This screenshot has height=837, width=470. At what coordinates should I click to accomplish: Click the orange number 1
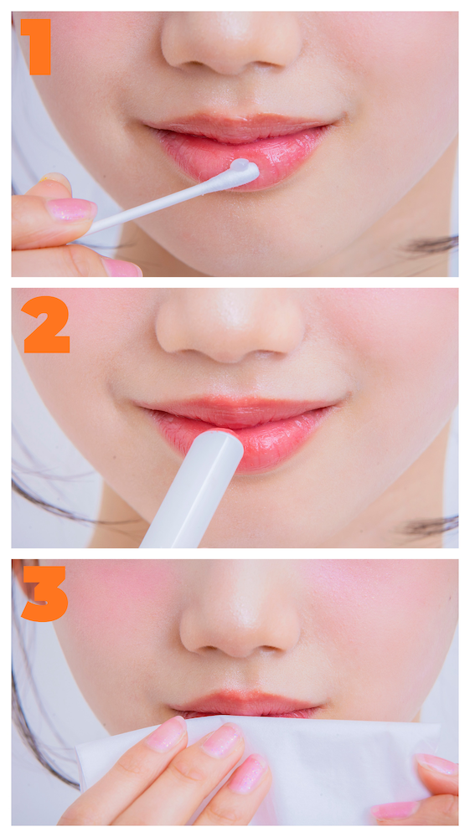pos(36,47)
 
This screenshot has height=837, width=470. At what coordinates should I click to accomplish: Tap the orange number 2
pos(46,325)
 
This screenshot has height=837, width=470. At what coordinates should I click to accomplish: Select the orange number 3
pos(45,593)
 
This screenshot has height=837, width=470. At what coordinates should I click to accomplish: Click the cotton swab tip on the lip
pos(244,171)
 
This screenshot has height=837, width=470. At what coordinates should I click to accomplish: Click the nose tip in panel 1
pos(230,51)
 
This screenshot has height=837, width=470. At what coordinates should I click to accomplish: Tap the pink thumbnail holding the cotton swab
pos(71,209)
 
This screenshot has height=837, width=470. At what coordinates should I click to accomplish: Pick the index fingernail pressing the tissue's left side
pos(167,734)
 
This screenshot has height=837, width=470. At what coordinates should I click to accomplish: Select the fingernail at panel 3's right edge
pos(436,764)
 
